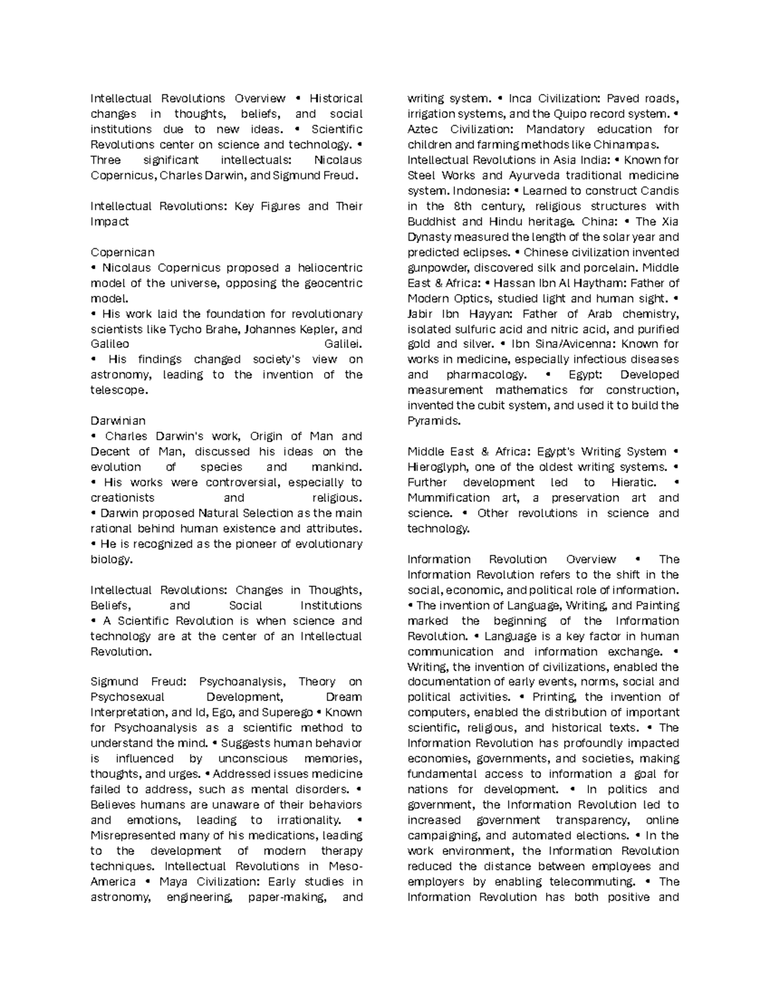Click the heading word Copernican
(123, 252)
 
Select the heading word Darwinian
(118, 421)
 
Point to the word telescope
(119, 390)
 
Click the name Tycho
(185, 329)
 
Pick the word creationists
(123, 498)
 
